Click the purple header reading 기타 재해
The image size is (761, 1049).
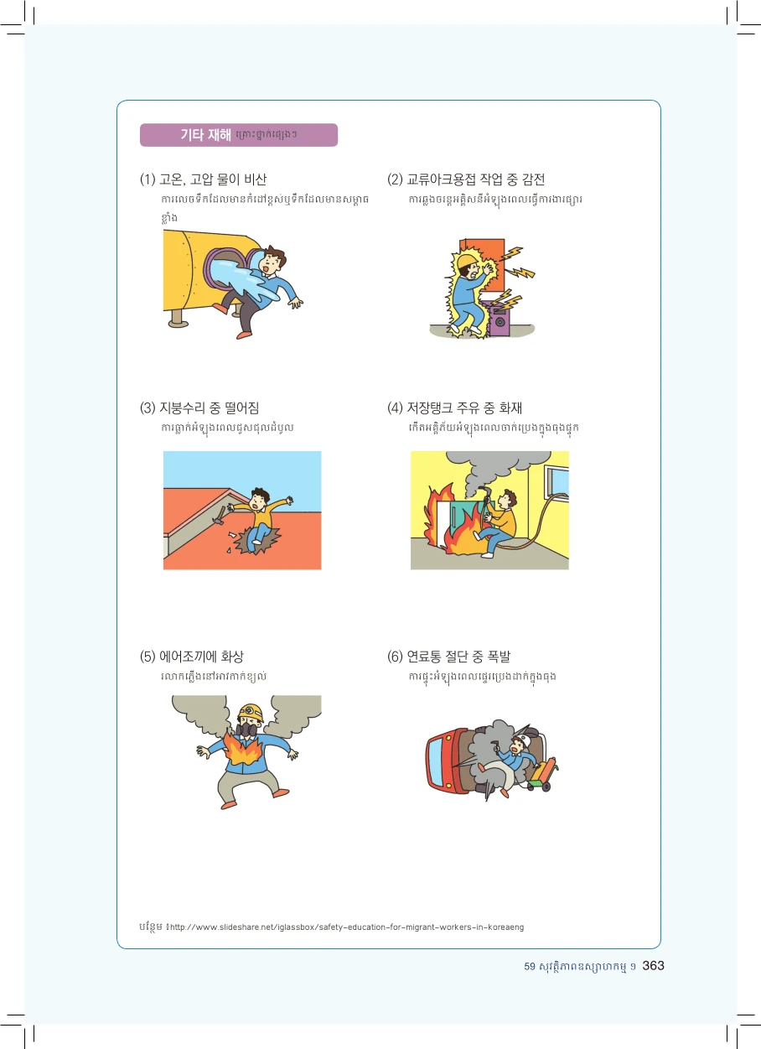pyautogui.click(x=239, y=135)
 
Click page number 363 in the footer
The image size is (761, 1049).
pyautogui.click(x=654, y=966)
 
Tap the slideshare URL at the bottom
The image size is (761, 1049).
pyautogui.click(x=347, y=927)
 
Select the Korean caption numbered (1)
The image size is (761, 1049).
pyautogui.click(x=203, y=179)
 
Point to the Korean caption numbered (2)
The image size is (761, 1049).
pyautogui.click(x=466, y=179)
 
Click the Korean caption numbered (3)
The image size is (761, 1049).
pyautogui.click(x=199, y=408)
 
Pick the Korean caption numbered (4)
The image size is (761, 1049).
pyautogui.click(x=454, y=408)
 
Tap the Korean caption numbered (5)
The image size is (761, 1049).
pyautogui.click(x=191, y=657)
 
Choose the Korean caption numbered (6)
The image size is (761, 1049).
pyautogui.click(x=448, y=657)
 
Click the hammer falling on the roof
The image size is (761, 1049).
pyautogui.click(x=220, y=515)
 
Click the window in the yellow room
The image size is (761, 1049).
pyautogui.click(x=557, y=482)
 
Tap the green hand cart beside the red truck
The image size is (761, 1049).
pyautogui.click(x=543, y=776)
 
